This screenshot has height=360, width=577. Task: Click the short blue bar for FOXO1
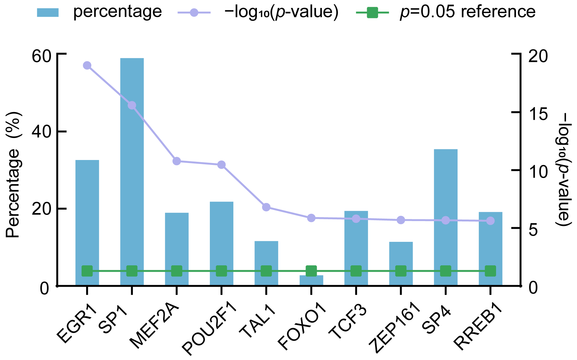point(311,281)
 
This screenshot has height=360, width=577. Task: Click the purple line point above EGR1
point(87,65)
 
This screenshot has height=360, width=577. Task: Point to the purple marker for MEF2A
point(177,161)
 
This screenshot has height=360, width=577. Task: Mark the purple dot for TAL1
point(266,207)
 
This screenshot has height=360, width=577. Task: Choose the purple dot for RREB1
point(490,221)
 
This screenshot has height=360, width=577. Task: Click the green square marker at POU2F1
point(221,271)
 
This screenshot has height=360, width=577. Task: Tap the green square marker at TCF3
point(356,271)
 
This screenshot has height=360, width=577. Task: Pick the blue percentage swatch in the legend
point(48,13)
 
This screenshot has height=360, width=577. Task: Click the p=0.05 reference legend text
point(468,12)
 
